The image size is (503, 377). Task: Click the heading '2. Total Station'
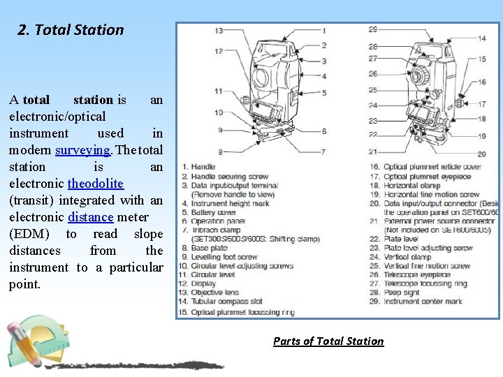[71, 30]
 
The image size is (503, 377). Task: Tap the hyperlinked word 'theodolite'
[96, 184]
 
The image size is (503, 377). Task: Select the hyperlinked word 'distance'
[91, 217]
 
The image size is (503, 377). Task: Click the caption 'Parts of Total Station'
[328, 341]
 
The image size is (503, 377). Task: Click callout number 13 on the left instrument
[219, 31]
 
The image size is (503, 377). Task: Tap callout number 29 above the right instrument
[373, 29]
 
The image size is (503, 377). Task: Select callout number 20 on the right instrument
[482, 154]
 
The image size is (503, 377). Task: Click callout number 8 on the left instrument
[219, 151]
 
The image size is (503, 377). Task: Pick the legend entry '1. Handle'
[199, 168]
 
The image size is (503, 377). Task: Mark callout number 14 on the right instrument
[482, 38]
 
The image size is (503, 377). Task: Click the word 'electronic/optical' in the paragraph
[57, 117]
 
